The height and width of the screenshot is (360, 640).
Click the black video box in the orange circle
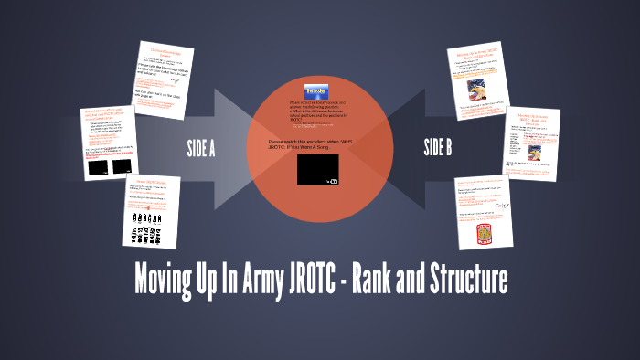pos(317,170)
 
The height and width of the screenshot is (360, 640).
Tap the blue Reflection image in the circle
pos(317,90)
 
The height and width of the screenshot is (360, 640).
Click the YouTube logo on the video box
pos(332,181)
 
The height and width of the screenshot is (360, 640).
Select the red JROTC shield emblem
pos(484,236)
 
